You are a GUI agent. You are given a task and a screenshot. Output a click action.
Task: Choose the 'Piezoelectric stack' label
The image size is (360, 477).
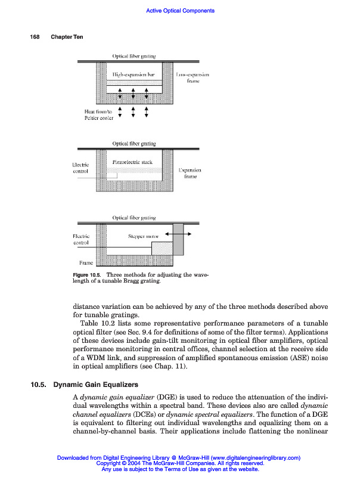click(132, 162)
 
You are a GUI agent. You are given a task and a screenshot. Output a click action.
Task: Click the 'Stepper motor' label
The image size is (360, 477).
click(144, 237)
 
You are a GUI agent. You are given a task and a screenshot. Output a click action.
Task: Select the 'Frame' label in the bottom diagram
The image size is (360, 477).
click(86, 262)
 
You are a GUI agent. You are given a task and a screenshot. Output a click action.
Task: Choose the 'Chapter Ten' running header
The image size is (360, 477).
click(67, 37)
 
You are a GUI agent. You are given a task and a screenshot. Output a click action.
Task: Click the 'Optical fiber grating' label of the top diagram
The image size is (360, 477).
click(134, 56)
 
